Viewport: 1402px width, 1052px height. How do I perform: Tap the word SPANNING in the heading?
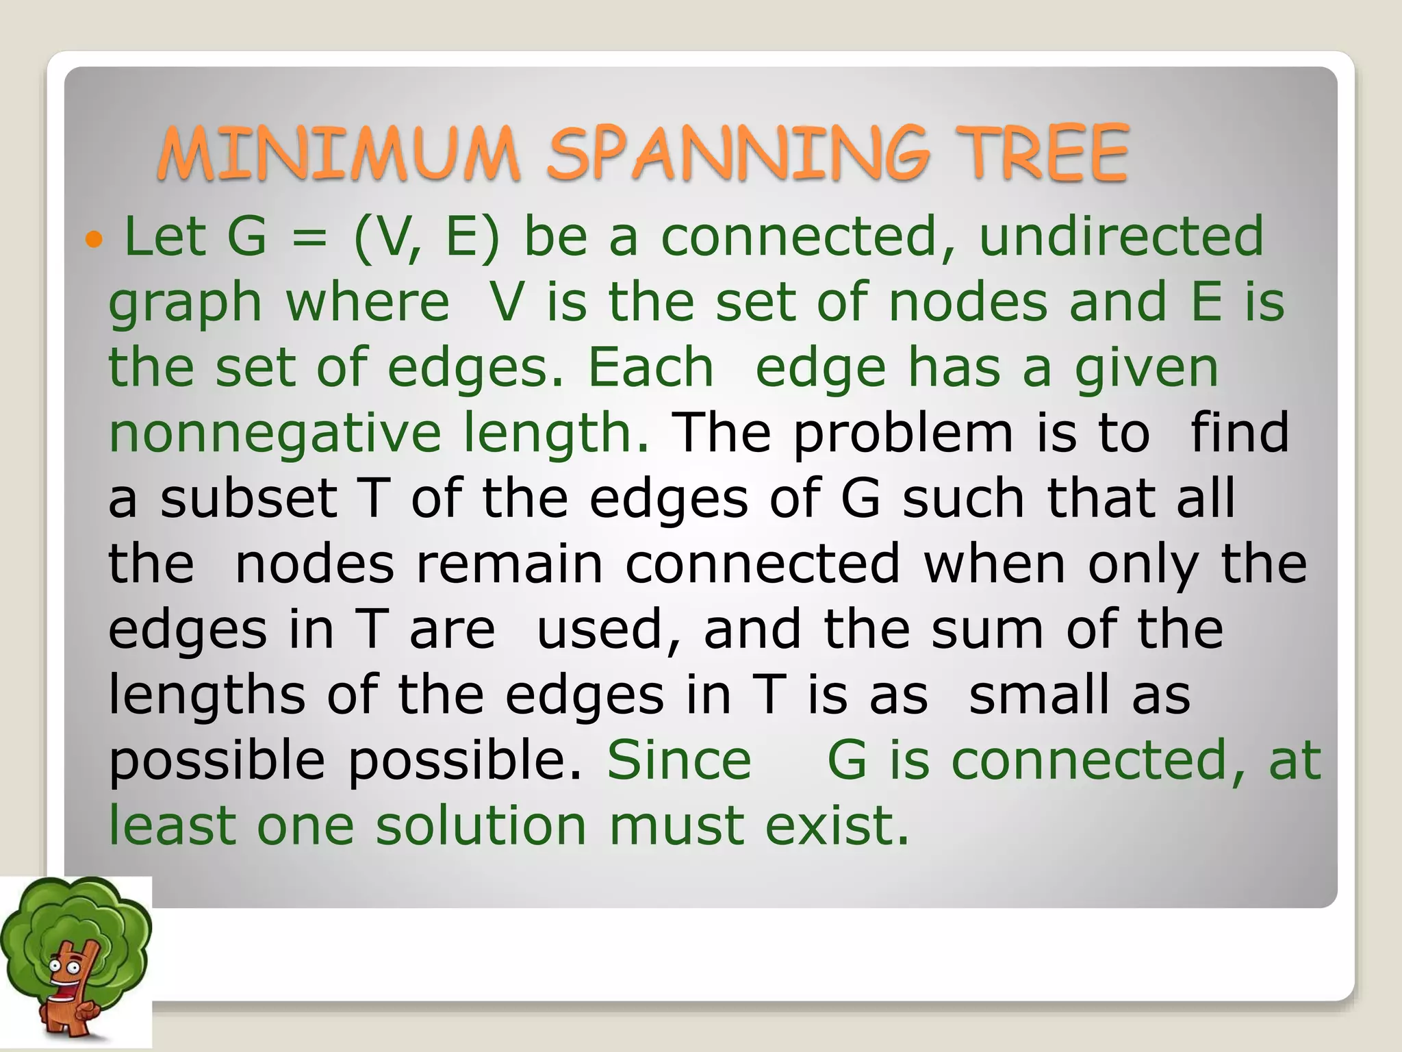[738, 154]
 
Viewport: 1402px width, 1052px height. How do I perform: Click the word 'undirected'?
[1121, 236]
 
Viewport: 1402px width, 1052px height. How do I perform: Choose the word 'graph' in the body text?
[185, 303]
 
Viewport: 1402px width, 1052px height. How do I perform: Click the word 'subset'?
[248, 498]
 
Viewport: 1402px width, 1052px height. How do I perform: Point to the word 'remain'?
[509, 564]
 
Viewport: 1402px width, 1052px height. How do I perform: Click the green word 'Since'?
[679, 760]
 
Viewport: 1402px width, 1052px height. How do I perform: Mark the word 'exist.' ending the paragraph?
[837, 825]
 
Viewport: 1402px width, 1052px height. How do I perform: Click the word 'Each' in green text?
[650, 368]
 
